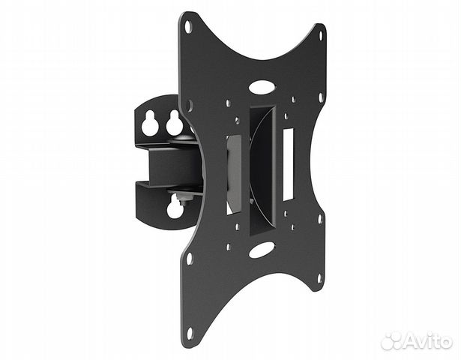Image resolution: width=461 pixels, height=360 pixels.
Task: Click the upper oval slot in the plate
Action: (262, 87)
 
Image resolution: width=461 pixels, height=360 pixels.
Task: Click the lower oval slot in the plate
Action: (262, 250)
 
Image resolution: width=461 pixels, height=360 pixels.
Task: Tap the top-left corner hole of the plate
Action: (188, 26)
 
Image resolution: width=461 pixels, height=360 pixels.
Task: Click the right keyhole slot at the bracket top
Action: (174, 122)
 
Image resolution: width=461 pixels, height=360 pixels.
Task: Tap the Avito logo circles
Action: (392, 340)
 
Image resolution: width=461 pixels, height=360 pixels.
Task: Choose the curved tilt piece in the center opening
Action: (262, 169)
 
